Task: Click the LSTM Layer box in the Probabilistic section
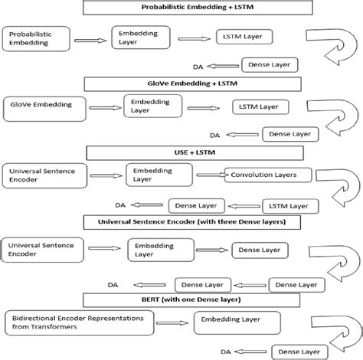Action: point(244,37)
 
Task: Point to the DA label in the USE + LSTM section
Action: point(120,205)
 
